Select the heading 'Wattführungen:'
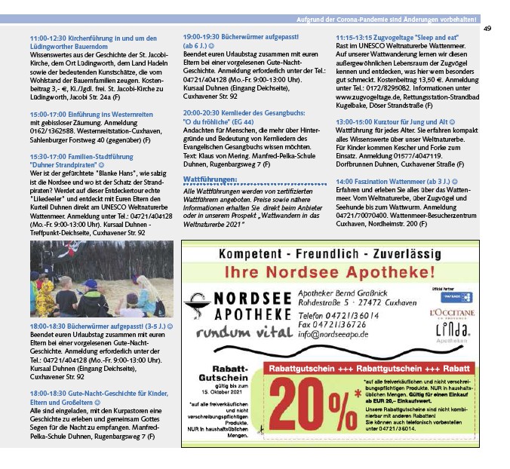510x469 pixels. (x=210, y=179)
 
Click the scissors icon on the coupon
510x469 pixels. (x=262, y=431)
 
